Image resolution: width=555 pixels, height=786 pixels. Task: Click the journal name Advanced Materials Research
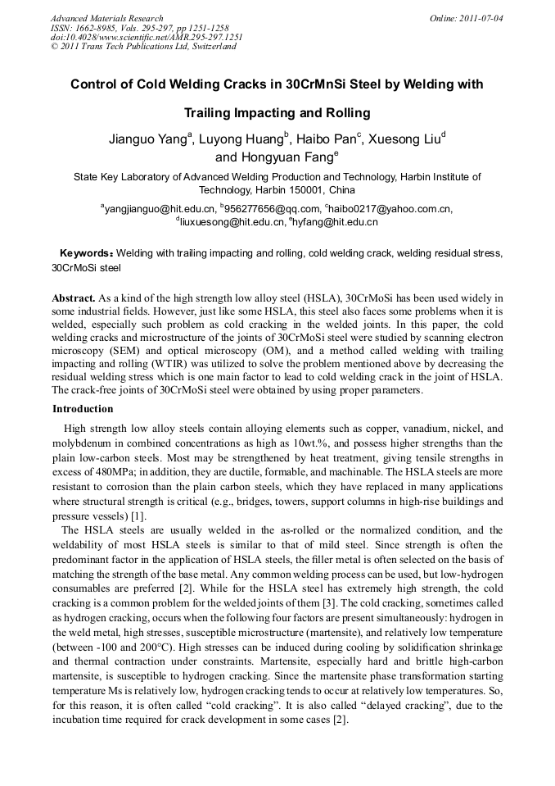point(106,18)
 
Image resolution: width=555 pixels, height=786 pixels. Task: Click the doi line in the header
point(147,37)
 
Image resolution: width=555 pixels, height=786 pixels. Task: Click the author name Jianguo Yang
point(148,139)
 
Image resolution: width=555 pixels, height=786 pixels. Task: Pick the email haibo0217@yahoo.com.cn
point(392,209)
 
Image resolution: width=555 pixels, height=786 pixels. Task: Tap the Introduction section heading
point(83,408)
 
